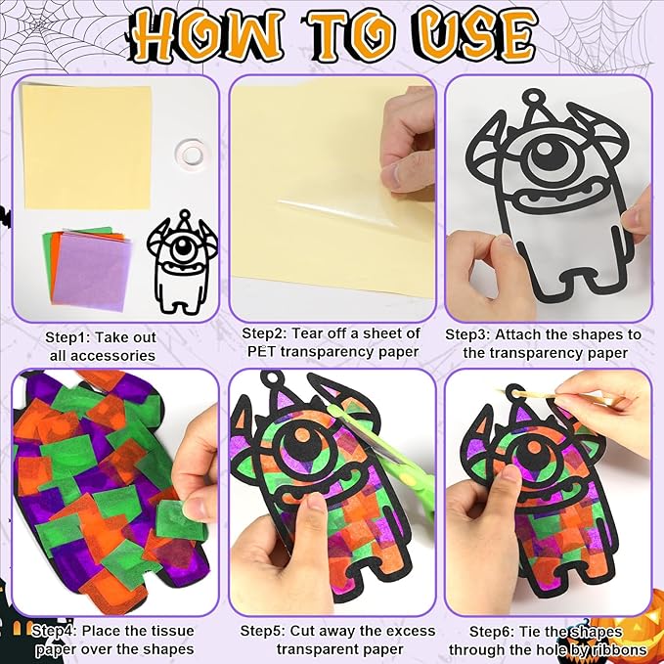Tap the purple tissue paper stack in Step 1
(x=91, y=272)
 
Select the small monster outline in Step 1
(x=182, y=262)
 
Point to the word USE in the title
(x=479, y=36)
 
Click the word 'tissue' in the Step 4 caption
(x=171, y=631)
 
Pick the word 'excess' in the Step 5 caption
(x=410, y=631)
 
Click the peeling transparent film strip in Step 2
(x=337, y=213)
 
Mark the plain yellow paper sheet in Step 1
(x=87, y=147)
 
